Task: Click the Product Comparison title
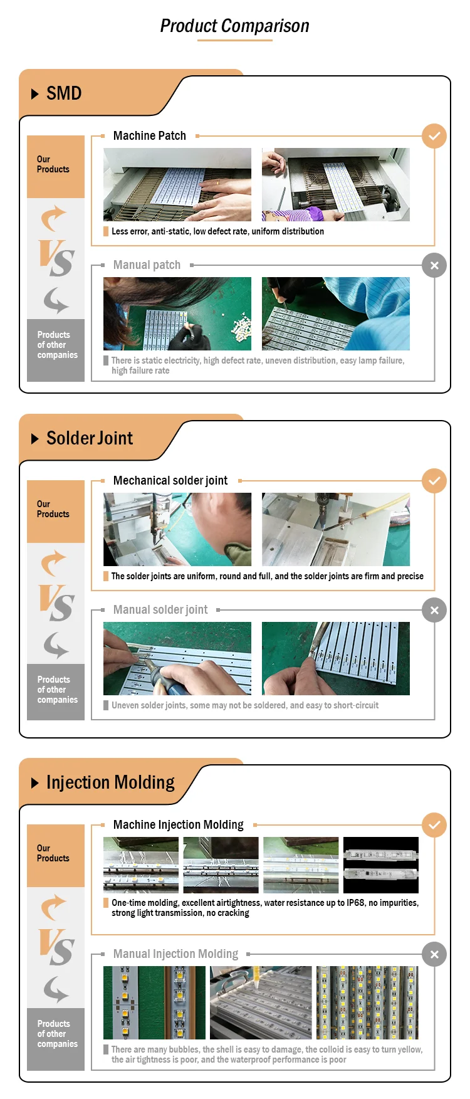(x=235, y=26)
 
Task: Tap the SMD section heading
(x=64, y=93)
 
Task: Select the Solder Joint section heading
(x=90, y=438)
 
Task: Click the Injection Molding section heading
(x=110, y=782)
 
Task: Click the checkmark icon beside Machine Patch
(x=434, y=136)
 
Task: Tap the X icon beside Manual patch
(x=434, y=265)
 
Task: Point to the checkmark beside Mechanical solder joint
(x=434, y=481)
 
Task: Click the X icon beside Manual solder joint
(x=434, y=610)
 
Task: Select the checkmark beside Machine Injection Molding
(x=434, y=825)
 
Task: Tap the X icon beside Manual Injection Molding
(x=434, y=954)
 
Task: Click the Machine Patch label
(x=150, y=135)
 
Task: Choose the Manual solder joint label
(x=160, y=609)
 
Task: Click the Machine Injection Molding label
(x=179, y=825)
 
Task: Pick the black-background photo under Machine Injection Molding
(x=381, y=865)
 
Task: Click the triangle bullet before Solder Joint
(x=35, y=438)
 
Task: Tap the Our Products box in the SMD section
(x=56, y=167)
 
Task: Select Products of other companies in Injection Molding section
(x=56, y=1039)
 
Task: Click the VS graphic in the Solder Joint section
(x=56, y=602)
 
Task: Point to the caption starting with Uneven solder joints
(x=245, y=705)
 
